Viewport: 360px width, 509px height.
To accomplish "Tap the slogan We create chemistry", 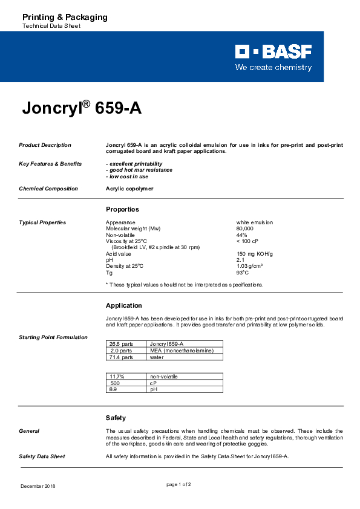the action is pyautogui.click(x=273, y=67).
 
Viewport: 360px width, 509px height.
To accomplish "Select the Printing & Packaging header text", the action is pyautogui.click(x=65, y=17).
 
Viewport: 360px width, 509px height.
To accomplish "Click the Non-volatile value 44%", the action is pyautogui.click(x=241, y=235).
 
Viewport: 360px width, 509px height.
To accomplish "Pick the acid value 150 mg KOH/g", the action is pyautogui.click(x=254, y=253).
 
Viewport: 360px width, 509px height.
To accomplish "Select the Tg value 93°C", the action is pyautogui.click(x=242, y=272).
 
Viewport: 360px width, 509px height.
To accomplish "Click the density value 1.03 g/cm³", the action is pyautogui.click(x=249, y=266).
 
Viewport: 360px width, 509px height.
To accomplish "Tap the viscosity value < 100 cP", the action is pyautogui.click(x=247, y=241).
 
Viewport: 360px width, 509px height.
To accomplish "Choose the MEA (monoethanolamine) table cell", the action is pyautogui.click(x=177, y=351).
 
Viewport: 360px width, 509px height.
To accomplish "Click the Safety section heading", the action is pyautogui.click(x=116, y=418).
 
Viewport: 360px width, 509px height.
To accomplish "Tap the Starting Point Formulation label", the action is pyautogui.click(x=53, y=337).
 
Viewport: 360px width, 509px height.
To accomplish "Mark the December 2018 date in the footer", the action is pyautogui.click(x=38, y=486).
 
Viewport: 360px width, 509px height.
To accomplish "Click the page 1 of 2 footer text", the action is pyautogui.click(x=178, y=484).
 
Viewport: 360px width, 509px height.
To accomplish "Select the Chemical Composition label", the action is pyautogui.click(x=48, y=189).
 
